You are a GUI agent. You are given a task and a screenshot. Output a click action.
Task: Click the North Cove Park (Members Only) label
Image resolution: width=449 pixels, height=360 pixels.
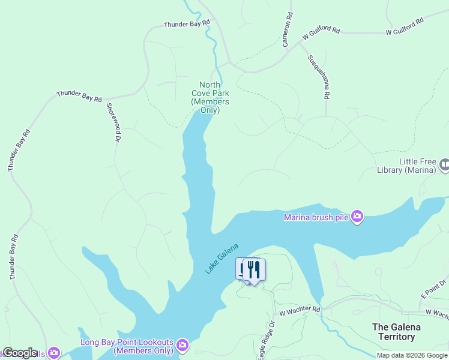tap(210, 97)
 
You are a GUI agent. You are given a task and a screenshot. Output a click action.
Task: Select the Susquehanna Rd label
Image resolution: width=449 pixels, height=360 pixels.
tap(319, 77)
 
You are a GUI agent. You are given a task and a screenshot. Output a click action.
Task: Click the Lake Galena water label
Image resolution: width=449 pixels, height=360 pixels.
tap(221, 259)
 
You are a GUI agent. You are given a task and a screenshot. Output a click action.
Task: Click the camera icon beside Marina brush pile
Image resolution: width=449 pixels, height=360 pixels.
tap(357, 216)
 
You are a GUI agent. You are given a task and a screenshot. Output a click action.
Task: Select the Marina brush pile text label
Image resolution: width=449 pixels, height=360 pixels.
tap(316, 217)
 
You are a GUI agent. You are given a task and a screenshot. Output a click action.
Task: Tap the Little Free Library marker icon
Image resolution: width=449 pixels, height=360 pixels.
tap(444, 164)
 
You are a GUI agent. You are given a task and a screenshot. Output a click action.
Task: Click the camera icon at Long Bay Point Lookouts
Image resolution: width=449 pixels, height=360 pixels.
tap(182, 345)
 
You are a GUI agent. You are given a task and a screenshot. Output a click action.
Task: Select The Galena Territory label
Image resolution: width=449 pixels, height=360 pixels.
tap(396, 332)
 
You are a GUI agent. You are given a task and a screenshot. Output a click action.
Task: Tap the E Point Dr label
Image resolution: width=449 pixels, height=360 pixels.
tap(434, 287)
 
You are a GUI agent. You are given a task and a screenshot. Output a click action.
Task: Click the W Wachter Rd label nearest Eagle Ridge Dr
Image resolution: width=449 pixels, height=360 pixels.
tap(300, 310)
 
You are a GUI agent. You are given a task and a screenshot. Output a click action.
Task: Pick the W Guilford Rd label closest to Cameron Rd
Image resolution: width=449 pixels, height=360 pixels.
tap(321, 33)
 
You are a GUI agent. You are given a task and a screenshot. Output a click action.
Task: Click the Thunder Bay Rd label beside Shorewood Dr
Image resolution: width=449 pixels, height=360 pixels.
tap(79, 96)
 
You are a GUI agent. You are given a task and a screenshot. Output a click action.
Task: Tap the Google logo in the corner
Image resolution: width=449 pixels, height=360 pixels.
tap(20, 353)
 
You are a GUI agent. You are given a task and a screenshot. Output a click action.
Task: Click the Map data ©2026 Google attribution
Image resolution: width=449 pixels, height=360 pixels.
tap(412, 355)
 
